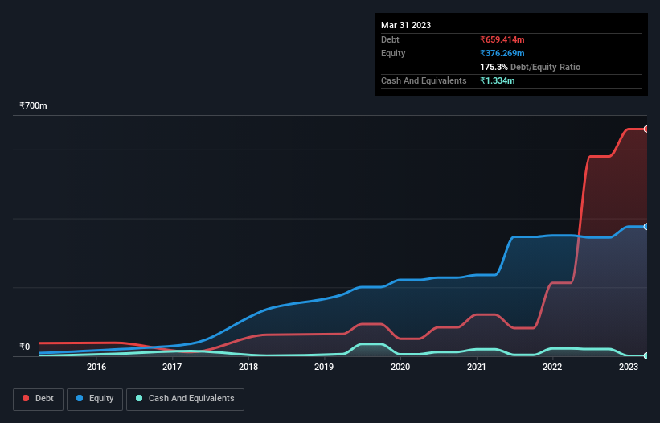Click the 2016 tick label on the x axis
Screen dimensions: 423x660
click(x=96, y=368)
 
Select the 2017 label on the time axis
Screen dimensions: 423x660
click(x=172, y=368)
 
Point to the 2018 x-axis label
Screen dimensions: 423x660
click(x=248, y=368)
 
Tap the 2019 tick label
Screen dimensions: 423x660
click(x=324, y=368)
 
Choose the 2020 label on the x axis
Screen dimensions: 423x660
click(x=400, y=368)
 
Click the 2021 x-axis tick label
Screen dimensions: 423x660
click(x=477, y=368)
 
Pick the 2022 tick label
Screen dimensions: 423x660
click(x=552, y=368)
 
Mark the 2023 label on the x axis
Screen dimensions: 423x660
click(x=629, y=368)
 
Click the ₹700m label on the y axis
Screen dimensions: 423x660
click(x=34, y=106)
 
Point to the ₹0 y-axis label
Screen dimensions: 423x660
click(x=24, y=347)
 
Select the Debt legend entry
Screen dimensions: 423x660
click(x=38, y=398)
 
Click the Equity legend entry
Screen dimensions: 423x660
click(x=95, y=398)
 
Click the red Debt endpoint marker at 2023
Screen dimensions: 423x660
click(x=646, y=129)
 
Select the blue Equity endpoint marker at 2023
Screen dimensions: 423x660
click(x=646, y=227)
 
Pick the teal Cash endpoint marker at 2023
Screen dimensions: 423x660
click(x=646, y=355)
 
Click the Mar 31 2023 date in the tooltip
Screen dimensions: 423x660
click(x=406, y=25)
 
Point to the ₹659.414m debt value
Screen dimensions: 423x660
click(x=502, y=39)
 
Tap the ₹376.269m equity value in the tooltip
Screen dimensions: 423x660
click(x=502, y=53)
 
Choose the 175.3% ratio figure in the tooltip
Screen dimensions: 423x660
click(x=494, y=68)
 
